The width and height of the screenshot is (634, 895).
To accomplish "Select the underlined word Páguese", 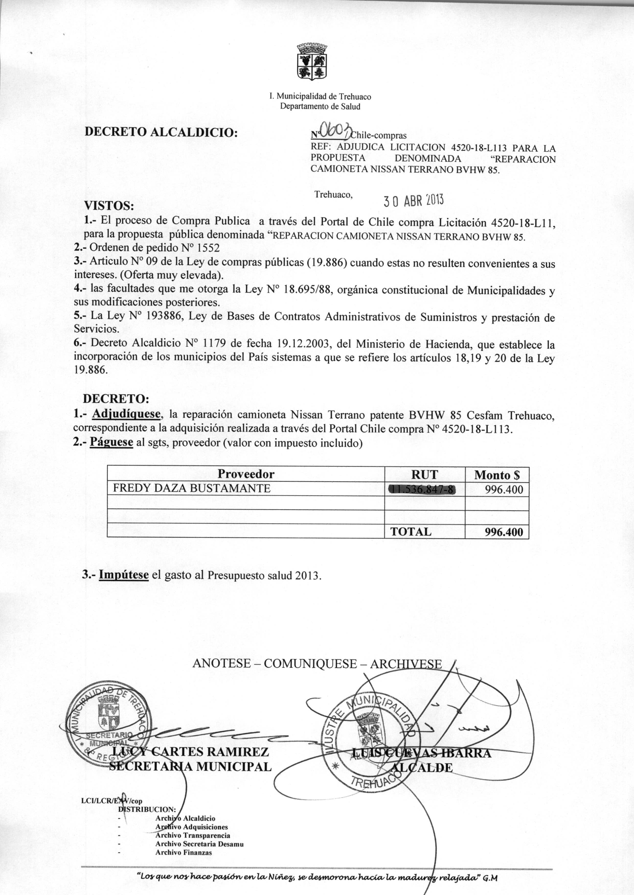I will pos(112,443).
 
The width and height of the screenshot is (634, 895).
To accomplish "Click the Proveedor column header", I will pos(246,474).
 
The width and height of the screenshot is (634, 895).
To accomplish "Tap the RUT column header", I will pos(424,474).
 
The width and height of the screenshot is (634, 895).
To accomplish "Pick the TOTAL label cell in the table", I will pos(411,532).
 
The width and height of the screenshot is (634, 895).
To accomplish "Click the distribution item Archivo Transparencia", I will pos(193,835).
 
